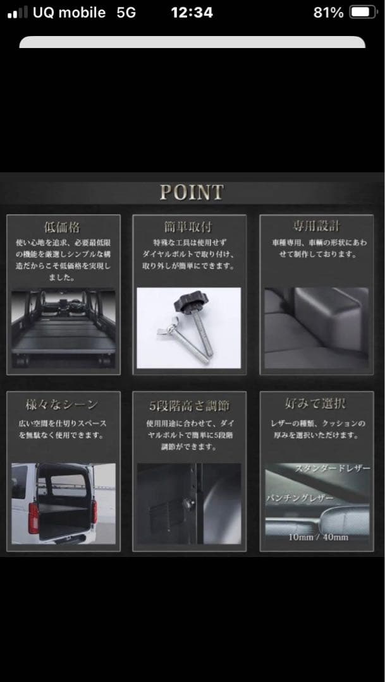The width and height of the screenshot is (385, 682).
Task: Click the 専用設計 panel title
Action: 316,226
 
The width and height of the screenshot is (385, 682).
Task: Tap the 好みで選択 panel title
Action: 315,403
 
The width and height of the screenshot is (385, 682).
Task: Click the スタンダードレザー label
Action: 333,469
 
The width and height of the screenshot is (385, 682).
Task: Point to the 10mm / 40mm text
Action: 318,537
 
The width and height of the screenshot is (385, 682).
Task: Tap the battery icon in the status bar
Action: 363,13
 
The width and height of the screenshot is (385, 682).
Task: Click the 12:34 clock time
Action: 192,13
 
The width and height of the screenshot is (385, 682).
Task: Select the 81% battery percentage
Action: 328,13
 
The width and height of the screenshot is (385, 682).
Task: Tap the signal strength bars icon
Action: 18,13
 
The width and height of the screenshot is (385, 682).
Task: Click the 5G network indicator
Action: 126,13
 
